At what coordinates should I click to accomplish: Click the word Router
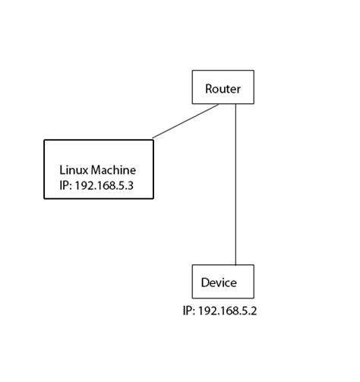223,89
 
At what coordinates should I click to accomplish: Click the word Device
219,283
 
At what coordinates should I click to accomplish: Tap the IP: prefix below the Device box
189,311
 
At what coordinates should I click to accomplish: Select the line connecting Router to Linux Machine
186,122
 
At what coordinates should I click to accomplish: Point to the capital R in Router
209,89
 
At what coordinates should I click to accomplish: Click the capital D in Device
205,283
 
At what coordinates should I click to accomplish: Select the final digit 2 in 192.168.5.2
254,311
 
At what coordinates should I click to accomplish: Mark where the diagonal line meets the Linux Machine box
153,139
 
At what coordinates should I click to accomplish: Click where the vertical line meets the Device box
235,265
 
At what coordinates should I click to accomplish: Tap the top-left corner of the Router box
192,71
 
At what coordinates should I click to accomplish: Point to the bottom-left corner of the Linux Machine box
45,199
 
